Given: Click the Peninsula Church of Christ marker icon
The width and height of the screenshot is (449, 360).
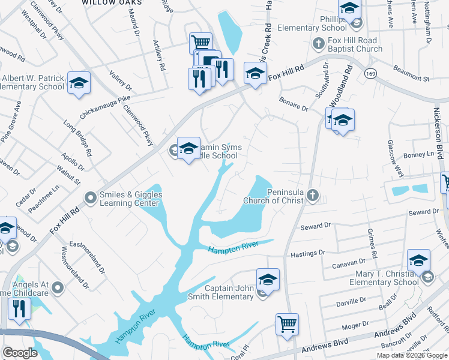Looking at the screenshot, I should pyautogui.click(x=312, y=195).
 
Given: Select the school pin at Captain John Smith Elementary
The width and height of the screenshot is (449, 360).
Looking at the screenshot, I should pyautogui.click(x=268, y=280).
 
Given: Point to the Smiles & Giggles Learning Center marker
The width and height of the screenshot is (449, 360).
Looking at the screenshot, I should pyautogui.click(x=91, y=197).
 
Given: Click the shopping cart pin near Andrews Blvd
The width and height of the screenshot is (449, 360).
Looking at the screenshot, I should pyautogui.click(x=288, y=324).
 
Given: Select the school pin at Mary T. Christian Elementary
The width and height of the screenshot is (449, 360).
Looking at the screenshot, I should pyautogui.click(x=418, y=260).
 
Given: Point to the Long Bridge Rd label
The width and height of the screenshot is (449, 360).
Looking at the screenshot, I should pyautogui.click(x=78, y=139).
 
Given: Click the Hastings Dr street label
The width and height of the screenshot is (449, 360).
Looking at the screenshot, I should pyautogui.click(x=308, y=254).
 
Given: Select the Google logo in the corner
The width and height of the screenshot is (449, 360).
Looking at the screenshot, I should pyautogui.click(x=20, y=353).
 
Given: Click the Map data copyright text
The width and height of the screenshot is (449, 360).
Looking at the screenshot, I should pyautogui.click(x=411, y=355).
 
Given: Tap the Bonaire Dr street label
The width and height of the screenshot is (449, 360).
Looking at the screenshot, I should pyautogui.click(x=294, y=109).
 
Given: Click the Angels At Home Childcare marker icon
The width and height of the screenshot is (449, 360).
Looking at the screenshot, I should pyautogui.click(x=58, y=287).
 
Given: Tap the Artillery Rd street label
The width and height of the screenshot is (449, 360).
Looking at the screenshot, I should pyautogui.click(x=159, y=56).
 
